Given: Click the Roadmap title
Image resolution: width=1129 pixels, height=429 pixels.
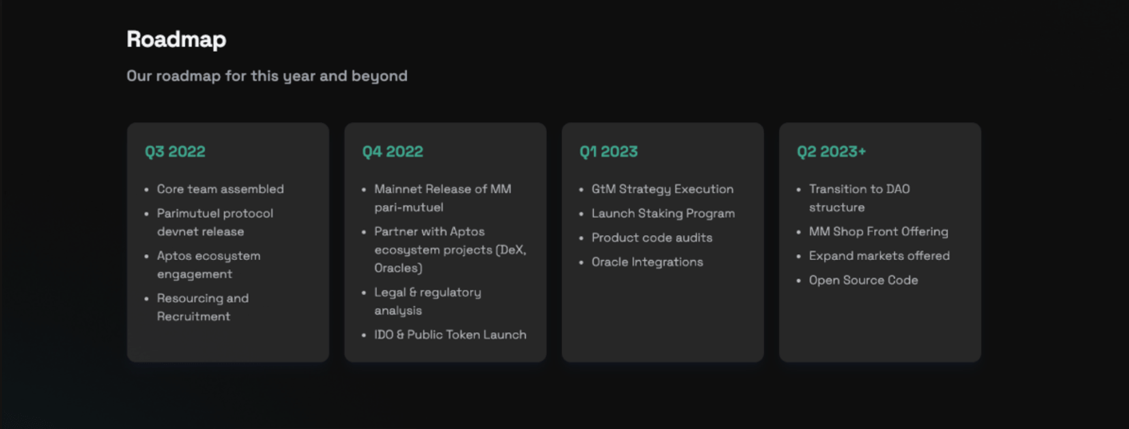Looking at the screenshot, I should pos(176,39).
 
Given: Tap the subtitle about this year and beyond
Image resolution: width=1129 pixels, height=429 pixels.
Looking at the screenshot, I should pos(267,76).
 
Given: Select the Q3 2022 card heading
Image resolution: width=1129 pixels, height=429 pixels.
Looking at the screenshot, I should pos(175,151).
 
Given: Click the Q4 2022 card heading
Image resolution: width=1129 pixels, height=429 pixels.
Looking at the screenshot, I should pos(393,151).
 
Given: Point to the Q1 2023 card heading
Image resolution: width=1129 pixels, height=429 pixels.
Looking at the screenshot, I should pos(608,151).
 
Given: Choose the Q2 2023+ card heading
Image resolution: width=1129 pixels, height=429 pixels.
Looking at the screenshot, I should pos(831,151).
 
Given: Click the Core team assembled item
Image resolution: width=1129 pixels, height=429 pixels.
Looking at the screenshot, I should pos(220,189).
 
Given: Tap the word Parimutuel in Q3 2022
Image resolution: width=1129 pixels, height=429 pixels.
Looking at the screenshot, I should pos(188,214).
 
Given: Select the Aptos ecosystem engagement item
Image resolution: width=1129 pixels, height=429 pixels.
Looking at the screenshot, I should pos(208,265).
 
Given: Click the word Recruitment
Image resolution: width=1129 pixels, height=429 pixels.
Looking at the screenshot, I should pos(193,316).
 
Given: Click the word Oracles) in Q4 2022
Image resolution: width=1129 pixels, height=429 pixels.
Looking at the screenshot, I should pos(398,268).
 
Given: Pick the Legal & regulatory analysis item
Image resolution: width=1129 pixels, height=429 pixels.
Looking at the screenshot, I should pos(427,301).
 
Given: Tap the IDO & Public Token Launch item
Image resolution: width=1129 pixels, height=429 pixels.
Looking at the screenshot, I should pos(450,335).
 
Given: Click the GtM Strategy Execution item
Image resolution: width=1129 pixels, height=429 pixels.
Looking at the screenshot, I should pos(662,189).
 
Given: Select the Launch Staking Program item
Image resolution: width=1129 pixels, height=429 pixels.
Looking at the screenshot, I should pos(663,214).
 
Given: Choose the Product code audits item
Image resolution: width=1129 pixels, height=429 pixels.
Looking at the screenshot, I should pos(652,238).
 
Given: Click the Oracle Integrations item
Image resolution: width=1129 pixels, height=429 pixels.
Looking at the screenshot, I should pos(647,262).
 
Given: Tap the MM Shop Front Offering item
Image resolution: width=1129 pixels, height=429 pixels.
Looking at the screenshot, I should pos(879,232).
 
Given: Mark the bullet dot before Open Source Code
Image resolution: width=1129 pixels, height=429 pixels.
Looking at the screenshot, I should pos(799,281).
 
